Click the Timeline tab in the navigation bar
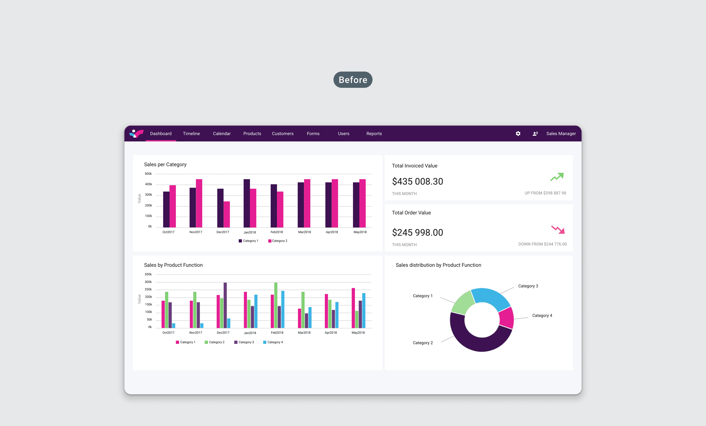pyautogui.click(x=191, y=134)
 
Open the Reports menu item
pyautogui.click(x=374, y=134)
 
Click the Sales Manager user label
pyautogui.click(x=561, y=134)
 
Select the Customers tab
pyautogui.click(x=282, y=134)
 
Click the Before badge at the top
pyautogui.click(x=353, y=80)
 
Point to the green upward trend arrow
pyautogui.click(x=557, y=177)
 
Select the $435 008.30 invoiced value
pyautogui.click(x=417, y=181)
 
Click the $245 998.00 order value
pyautogui.click(x=417, y=232)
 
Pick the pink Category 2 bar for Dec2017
pyautogui.click(x=227, y=214)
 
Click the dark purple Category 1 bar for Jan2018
pyautogui.click(x=247, y=203)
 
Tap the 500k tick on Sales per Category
pyautogui.click(x=148, y=174)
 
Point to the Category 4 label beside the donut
pyautogui.click(x=542, y=315)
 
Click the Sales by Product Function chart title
pyautogui.click(x=173, y=265)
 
